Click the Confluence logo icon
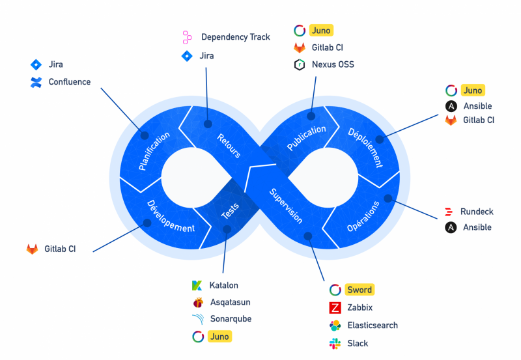[x=36, y=83]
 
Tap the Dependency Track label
[x=235, y=37]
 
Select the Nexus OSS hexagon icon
[x=300, y=64]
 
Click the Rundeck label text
[x=477, y=212]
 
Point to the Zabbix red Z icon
[x=335, y=308]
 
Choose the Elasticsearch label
[x=372, y=325]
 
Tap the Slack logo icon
[x=335, y=344]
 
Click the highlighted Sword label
[x=359, y=290]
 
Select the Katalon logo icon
[x=197, y=285]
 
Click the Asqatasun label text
[x=230, y=302]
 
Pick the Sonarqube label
[x=231, y=319]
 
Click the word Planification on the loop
[x=154, y=151]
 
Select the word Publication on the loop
[x=306, y=139]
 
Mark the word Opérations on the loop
[x=363, y=216]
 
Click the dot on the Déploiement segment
[x=387, y=138]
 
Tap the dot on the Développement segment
[x=147, y=223]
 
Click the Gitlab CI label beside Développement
[x=60, y=249]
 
